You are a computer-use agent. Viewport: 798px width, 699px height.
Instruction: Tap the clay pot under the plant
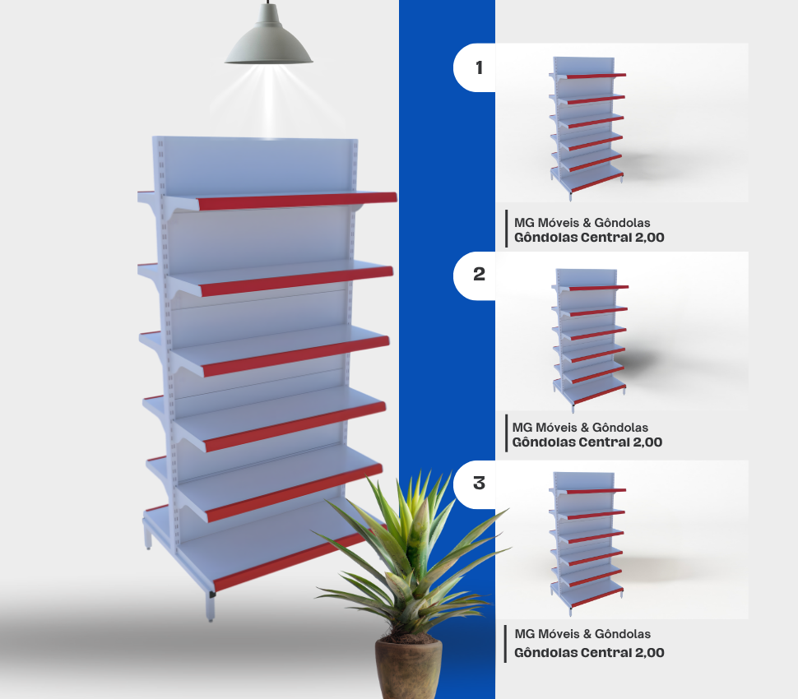[409, 668]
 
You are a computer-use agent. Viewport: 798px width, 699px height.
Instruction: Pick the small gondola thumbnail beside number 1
[587, 125]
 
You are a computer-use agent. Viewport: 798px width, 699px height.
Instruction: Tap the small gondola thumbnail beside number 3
[587, 539]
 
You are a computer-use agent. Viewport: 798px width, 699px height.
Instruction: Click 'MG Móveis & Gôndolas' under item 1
[582, 223]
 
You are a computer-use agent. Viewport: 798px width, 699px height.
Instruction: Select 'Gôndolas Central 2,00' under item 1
[589, 238]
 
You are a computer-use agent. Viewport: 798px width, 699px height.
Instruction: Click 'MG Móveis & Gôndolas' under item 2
[580, 428]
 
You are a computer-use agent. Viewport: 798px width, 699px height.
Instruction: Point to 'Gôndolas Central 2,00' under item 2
[587, 442]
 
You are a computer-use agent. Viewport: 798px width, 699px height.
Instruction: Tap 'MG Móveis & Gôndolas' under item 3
[582, 634]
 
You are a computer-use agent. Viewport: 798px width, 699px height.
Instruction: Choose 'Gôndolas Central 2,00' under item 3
[589, 653]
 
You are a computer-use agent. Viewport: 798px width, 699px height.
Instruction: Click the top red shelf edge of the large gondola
[297, 201]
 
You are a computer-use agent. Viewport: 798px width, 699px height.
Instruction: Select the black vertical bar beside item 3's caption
[505, 644]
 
